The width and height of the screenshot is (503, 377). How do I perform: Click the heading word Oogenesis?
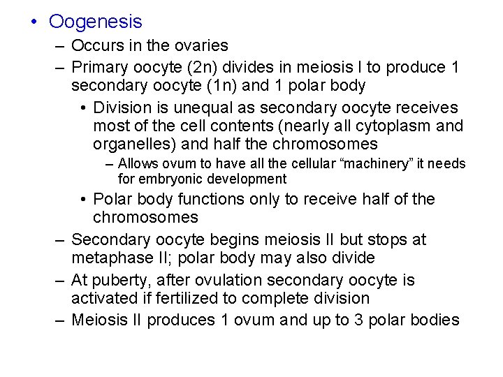[95, 22]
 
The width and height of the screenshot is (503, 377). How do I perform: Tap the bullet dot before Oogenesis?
[34, 22]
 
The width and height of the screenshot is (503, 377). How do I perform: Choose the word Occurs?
[96, 46]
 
